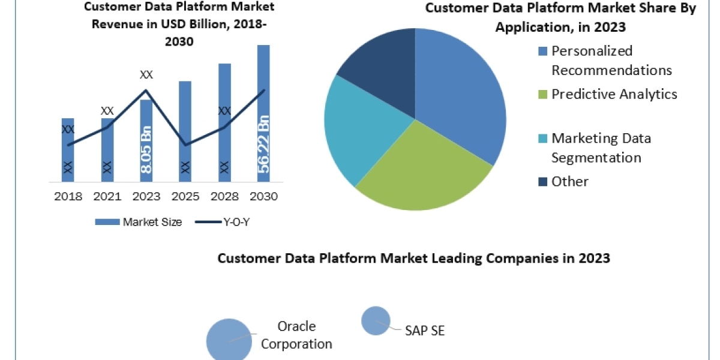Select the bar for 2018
coord(68,150)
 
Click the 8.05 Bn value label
coord(146,150)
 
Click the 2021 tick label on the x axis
coord(107,196)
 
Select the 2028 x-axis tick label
coord(224,196)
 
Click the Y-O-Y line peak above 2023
coord(146,91)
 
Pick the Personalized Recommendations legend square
coord(543,51)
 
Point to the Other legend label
coord(570,181)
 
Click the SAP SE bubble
coord(376,320)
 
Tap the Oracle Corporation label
coord(296,335)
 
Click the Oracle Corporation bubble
coord(229,340)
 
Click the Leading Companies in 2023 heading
coord(413,258)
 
